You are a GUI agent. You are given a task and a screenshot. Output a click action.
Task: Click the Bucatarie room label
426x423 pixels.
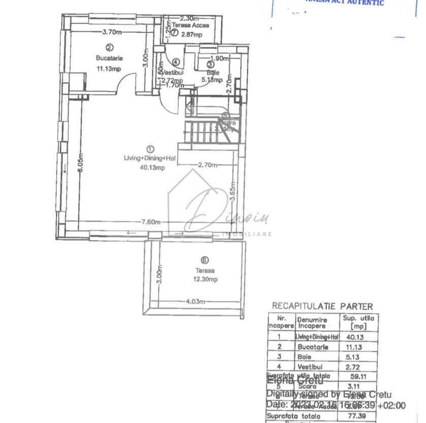(109, 58)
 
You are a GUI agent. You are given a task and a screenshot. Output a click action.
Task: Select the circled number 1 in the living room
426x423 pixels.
(150, 149)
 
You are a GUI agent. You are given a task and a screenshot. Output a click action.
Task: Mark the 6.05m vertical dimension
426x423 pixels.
(80, 164)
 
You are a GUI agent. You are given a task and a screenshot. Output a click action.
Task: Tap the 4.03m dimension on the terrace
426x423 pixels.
(195, 301)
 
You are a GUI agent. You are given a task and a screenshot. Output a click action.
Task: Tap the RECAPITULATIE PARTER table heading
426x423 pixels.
(322, 306)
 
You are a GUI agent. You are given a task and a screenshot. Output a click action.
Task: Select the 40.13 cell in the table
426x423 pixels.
(354, 336)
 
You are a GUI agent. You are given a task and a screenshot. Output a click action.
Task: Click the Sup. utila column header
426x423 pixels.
(355, 322)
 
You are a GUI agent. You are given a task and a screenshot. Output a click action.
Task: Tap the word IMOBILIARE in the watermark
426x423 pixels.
(248, 234)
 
